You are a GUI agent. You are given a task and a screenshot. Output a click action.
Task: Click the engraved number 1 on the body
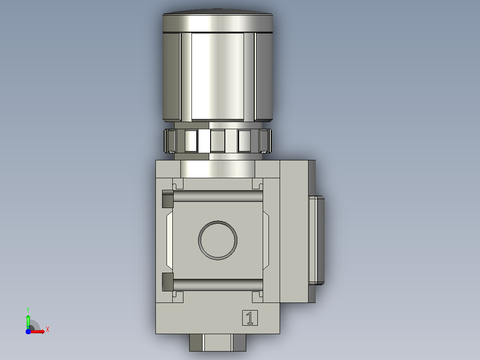click(x=250, y=318)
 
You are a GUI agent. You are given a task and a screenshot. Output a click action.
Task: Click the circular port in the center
click(x=218, y=240)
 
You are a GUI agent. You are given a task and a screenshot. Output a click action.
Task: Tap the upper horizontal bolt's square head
click(x=168, y=199)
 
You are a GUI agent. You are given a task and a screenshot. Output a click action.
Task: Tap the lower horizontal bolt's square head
click(x=168, y=282)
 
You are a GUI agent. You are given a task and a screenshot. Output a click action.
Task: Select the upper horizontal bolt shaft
click(x=218, y=196)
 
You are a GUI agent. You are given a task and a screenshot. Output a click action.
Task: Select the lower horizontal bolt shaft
click(x=218, y=285)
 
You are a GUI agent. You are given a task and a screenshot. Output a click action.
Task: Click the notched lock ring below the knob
click(x=218, y=141)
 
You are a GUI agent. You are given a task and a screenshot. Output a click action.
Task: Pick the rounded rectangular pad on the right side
click(x=317, y=241)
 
